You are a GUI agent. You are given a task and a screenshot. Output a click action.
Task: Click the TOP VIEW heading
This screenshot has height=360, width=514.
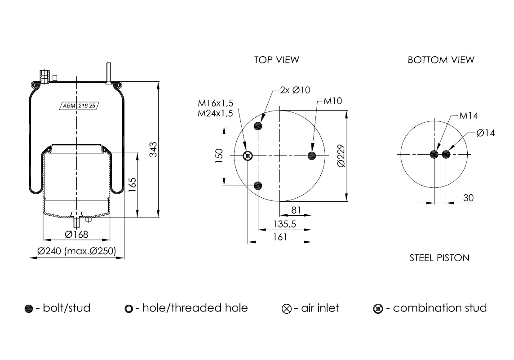[x=276, y=59]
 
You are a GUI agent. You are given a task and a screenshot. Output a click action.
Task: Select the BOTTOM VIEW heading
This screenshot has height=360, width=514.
[x=441, y=59]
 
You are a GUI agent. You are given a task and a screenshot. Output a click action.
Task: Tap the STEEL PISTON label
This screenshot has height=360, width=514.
[x=439, y=258]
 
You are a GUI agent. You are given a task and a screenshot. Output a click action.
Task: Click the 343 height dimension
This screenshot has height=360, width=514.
[x=153, y=150]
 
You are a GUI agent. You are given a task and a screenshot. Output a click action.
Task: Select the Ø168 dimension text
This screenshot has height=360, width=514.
[x=76, y=234]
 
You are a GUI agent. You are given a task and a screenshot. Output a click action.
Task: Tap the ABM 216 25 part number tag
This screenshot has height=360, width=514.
[x=79, y=106]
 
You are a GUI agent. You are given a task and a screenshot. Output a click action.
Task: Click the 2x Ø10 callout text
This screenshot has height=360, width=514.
[x=295, y=90]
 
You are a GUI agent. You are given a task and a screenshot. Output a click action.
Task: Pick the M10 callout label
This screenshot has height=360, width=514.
[x=332, y=101]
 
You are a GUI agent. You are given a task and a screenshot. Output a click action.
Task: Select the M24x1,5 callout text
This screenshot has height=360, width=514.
[x=215, y=113]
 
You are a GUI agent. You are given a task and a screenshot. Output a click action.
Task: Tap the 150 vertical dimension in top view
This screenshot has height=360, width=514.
[x=219, y=156]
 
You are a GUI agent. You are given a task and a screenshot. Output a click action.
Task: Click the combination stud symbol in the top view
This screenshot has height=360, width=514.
[x=248, y=156]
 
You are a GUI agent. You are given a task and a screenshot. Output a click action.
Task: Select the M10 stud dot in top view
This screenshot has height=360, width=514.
[x=312, y=156]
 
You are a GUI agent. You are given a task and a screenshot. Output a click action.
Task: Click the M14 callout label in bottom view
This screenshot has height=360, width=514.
[x=469, y=116]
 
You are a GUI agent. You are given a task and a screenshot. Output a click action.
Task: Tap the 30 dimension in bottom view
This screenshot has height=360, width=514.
[x=469, y=198]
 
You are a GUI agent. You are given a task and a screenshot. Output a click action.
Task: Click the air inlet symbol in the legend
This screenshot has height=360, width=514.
[x=287, y=309]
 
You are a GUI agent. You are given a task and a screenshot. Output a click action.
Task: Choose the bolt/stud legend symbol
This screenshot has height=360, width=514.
[x=29, y=309]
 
